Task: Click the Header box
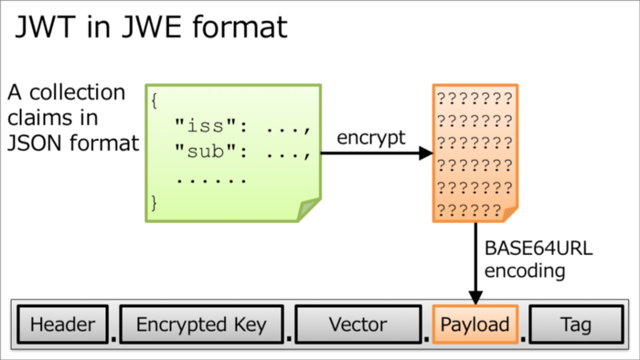[62, 324]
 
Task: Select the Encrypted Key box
[201, 324]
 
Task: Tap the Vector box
[358, 324]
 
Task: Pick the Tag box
[576, 324]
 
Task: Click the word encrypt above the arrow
[370, 137]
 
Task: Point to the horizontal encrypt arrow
[375, 154]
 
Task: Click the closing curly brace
[155, 202]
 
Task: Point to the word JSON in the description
[35, 143]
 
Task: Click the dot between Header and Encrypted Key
[112, 337]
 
